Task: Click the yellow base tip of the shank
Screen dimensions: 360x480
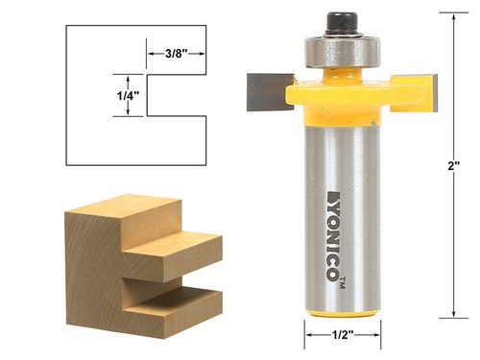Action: [x=343, y=310]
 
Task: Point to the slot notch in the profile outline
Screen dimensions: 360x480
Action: [x=178, y=95]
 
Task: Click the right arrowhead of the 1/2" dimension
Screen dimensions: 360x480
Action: [x=377, y=335]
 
